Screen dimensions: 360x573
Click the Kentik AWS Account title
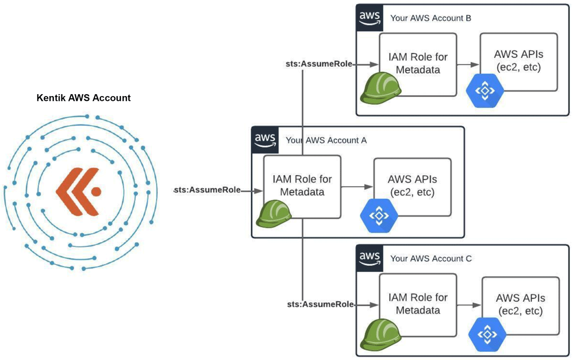tap(83, 98)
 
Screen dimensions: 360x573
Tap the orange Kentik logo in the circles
tap(78, 191)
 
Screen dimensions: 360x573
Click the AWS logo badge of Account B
tap(369, 18)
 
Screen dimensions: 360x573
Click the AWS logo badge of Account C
tap(369, 258)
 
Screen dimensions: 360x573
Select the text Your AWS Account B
tap(430, 18)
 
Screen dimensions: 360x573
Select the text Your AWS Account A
tap(326, 140)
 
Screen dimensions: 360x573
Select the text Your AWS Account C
tap(430, 259)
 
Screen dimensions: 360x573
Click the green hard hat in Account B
tap(381, 87)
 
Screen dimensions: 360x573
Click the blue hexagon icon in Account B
tap(485, 91)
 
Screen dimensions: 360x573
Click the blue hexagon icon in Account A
tap(379, 215)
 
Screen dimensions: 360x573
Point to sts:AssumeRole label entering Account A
tap(207, 190)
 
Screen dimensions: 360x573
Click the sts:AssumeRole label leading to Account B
tap(319, 64)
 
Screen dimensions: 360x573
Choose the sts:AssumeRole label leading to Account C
tap(320, 304)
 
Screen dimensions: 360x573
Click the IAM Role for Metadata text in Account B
tap(414, 63)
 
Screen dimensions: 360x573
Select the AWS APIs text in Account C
tap(520, 304)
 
